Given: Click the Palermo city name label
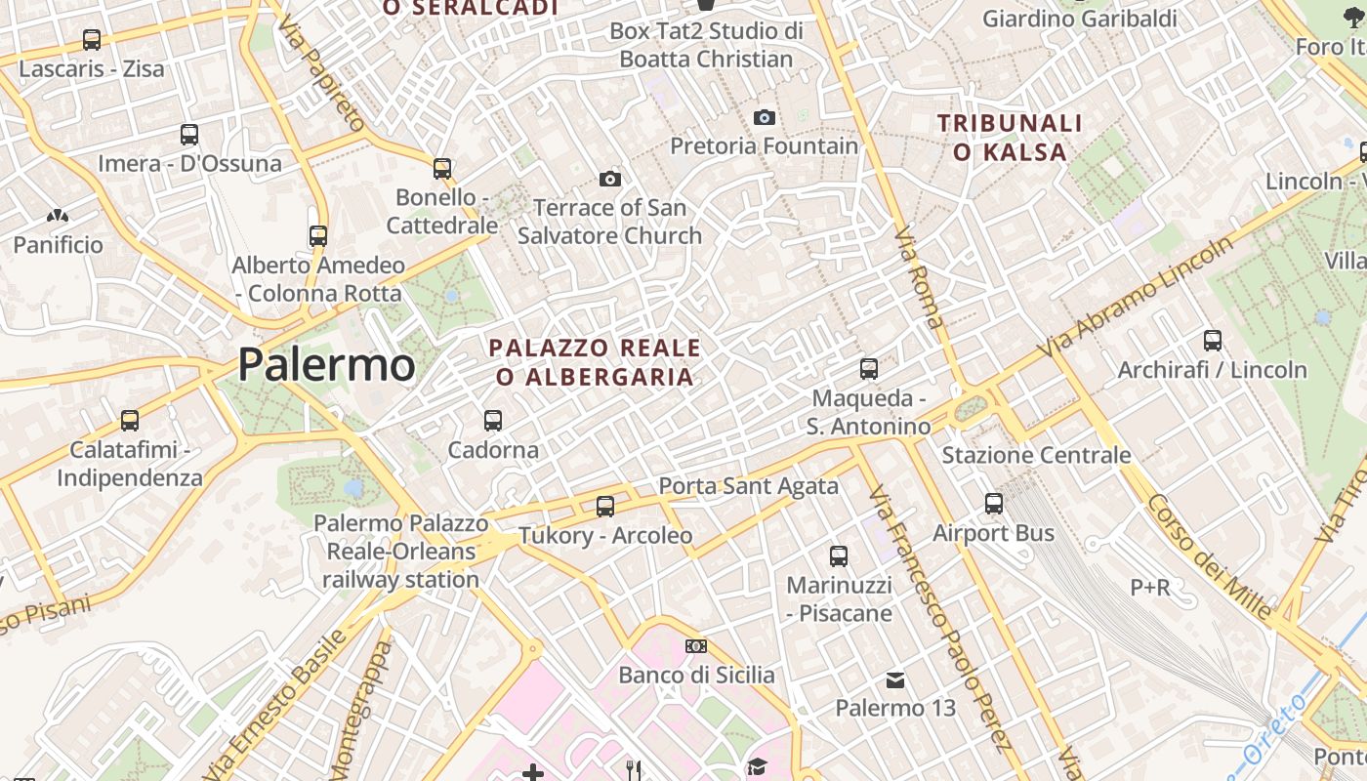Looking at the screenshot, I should (x=326, y=364).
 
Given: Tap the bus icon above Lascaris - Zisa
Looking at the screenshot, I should (x=92, y=40).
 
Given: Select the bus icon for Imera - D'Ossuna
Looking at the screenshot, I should (x=189, y=135).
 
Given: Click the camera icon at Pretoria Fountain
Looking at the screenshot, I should (x=765, y=117).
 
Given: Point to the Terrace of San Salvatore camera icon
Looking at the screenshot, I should (x=610, y=179).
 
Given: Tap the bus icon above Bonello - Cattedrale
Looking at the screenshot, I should (x=442, y=169).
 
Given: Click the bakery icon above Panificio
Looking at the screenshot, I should (x=58, y=216).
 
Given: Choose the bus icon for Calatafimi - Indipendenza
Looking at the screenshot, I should (x=130, y=421).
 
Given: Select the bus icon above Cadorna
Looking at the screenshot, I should (x=493, y=421).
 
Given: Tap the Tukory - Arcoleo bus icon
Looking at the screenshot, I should (x=605, y=507).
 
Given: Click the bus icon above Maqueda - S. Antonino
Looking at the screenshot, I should (x=868, y=369).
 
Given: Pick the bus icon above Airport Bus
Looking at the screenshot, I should (x=994, y=504).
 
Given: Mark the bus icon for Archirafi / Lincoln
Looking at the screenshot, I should (x=1213, y=341).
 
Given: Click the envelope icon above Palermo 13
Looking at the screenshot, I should (x=895, y=679).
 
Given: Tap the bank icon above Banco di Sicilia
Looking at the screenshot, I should (x=696, y=646).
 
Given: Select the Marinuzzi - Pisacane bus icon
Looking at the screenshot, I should (x=839, y=556).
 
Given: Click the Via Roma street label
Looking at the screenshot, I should (x=919, y=276).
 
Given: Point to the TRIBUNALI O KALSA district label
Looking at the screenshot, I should (x=1010, y=138).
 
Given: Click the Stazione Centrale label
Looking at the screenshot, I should (x=1036, y=455).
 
